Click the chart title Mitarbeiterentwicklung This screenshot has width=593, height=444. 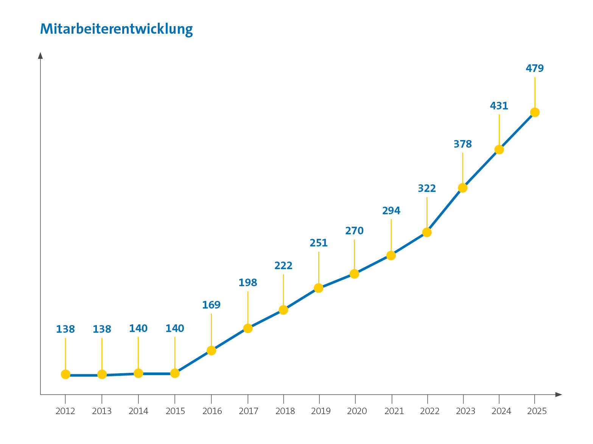tap(116, 29)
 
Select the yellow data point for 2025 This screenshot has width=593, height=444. tap(534, 112)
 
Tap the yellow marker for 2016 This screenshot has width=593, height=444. tap(211, 351)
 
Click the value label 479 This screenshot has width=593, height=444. tap(534, 69)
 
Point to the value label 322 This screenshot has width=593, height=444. tap(426, 189)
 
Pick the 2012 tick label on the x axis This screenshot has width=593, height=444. tap(65, 411)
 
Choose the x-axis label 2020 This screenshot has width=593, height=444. tap(356, 411)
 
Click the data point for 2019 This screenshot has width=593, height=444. tap(318, 288)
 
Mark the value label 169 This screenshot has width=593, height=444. tap(211, 305)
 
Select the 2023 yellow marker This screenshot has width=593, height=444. tap(462, 188)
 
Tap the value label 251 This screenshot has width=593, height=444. tap(318, 243)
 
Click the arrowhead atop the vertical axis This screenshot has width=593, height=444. tap(40, 55)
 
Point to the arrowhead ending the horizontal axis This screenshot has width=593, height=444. tap(559, 394)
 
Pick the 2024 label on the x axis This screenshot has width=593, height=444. tap(501, 411)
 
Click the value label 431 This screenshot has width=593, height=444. tap(499, 106)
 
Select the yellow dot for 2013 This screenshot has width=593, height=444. tap(102, 374)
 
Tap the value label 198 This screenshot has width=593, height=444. tap(247, 283)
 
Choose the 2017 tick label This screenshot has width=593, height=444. tap(248, 411)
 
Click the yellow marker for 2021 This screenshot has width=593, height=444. tap(391, 255)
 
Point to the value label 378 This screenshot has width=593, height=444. tap(462, 144)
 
